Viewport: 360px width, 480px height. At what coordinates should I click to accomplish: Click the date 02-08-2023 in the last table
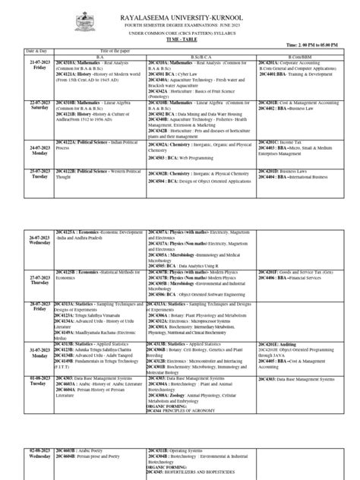[x=30, y=452]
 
